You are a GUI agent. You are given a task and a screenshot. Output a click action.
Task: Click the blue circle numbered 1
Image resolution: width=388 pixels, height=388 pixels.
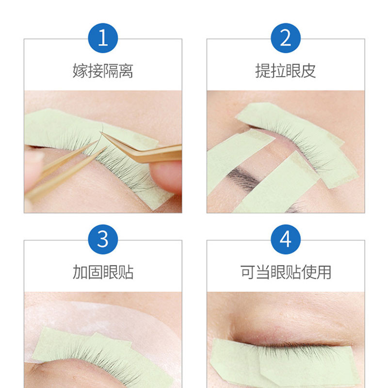[103, 38]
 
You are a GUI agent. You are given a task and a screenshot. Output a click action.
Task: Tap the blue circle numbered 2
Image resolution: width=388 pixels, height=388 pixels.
[286, 38]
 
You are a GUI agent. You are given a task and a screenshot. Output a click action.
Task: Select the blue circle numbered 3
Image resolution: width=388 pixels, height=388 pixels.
[103, 239]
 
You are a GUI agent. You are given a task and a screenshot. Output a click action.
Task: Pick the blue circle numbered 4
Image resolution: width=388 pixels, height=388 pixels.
[286, 239]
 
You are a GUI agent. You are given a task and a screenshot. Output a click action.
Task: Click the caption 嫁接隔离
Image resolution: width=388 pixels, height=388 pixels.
[103, 71]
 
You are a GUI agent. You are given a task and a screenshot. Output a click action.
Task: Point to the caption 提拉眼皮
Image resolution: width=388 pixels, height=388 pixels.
[286, 71]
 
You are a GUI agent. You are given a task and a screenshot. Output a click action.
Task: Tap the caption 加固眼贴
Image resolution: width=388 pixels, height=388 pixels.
[103, 272]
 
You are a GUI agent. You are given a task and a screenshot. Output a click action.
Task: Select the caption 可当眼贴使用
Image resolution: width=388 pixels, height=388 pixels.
[286, 272]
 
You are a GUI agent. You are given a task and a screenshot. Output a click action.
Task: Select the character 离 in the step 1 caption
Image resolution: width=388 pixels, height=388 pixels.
[126, 71]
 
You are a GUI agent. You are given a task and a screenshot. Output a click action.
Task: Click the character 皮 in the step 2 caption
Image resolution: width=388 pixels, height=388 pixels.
[308, 71]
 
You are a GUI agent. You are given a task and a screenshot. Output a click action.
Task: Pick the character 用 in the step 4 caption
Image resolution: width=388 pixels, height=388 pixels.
[323, 272]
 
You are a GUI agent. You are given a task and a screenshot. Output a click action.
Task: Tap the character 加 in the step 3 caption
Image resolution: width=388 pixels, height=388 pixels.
[80, 272]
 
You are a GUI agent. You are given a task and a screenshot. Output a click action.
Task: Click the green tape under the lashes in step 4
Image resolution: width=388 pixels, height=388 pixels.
[285, 364]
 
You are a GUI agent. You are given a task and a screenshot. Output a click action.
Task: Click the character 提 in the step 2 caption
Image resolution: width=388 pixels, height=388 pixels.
[263, 71]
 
